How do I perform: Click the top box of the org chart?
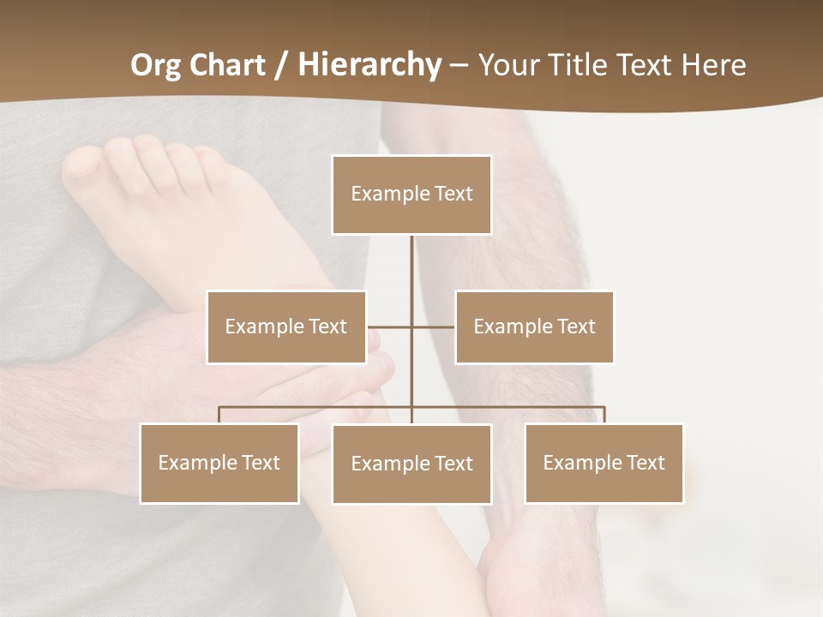(411, 195)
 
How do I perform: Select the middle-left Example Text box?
(286, 326)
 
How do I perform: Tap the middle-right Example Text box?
(534, 326)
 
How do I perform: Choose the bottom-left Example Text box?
(219, 463)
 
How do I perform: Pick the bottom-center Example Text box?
(411, 464)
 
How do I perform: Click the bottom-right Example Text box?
(604, 463)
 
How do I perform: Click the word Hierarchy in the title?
(369, 65)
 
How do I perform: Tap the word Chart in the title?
(228, 65)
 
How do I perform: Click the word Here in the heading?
(714, 65)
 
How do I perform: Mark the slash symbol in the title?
(280, 65)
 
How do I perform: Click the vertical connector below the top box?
(411, 274)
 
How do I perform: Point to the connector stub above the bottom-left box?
(219, 415)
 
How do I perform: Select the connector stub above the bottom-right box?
(604, 415)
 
